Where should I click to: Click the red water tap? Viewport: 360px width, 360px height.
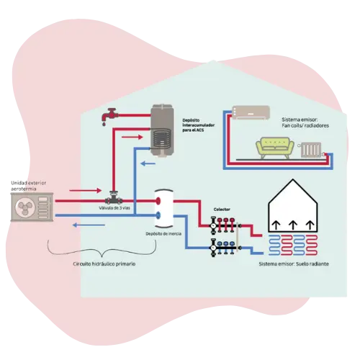pos(109,116)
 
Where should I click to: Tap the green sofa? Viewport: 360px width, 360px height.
pos(275,148)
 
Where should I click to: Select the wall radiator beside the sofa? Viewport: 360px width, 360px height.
pos(311,150)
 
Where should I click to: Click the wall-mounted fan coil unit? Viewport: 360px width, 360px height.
pos(251,112)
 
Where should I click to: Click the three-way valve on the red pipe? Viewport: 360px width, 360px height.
pos(113,198)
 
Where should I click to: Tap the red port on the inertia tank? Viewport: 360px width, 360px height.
pos(158,201)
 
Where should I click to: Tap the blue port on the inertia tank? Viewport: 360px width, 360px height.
pos(158,215)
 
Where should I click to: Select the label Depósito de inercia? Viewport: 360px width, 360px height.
pos(163,234)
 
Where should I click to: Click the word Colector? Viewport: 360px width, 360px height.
pos(222,210)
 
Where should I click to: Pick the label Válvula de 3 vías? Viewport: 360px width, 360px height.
pos(114,208)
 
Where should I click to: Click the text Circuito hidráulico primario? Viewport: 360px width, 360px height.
pos(104,264)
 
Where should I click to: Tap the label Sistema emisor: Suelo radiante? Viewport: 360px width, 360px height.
pos(294,264)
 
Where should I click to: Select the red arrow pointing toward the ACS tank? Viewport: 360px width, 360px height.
pos(132,137)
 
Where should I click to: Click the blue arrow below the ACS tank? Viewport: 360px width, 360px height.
pos(148,164)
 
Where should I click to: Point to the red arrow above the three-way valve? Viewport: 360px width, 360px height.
pos(86,191)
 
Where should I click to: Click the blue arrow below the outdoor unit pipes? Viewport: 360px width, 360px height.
pos(89,225)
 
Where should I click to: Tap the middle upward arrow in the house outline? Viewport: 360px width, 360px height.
pos(293,225)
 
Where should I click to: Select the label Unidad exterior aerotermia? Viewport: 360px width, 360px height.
pos(28,186)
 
